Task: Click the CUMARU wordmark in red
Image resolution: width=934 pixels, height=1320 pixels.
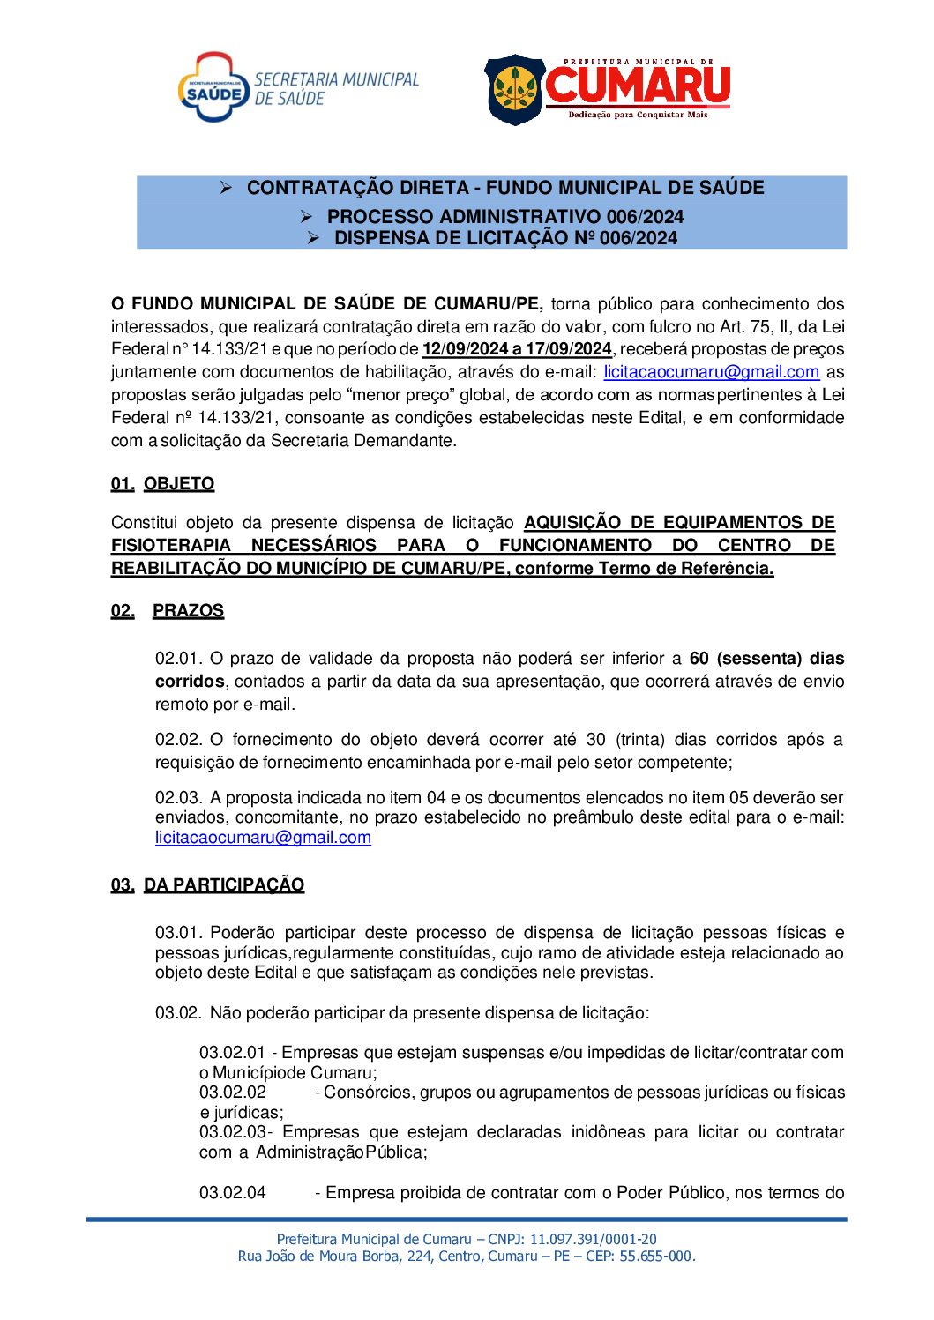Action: pos(637,85)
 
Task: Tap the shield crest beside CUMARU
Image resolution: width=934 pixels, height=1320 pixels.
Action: pos(515,89)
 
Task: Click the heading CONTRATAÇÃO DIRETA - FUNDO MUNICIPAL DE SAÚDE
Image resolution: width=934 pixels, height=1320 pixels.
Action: pos(504,188)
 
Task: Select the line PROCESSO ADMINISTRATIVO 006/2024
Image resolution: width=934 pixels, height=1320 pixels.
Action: pos(504,216)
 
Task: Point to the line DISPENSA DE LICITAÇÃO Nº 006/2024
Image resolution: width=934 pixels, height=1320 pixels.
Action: pos(504,238)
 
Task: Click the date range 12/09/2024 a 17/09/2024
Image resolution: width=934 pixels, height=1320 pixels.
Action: pos(517,349)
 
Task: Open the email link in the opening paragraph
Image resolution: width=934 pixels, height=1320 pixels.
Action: pos(711,372)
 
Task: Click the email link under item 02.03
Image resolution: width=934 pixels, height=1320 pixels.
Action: pos(263,838)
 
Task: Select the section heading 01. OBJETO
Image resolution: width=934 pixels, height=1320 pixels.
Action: pos(163,483)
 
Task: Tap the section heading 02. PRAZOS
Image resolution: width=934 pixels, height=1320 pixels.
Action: pos(168,610)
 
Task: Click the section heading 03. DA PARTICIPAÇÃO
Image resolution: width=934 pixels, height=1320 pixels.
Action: pos(208,884)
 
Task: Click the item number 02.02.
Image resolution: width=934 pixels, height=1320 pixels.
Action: pos(179,739)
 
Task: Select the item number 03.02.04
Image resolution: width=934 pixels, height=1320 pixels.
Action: pos(232,1193)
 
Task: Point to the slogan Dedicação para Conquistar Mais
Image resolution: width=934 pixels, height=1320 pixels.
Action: pos(637,115)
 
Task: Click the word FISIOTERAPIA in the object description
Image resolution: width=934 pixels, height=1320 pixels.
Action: pos(170,545)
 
